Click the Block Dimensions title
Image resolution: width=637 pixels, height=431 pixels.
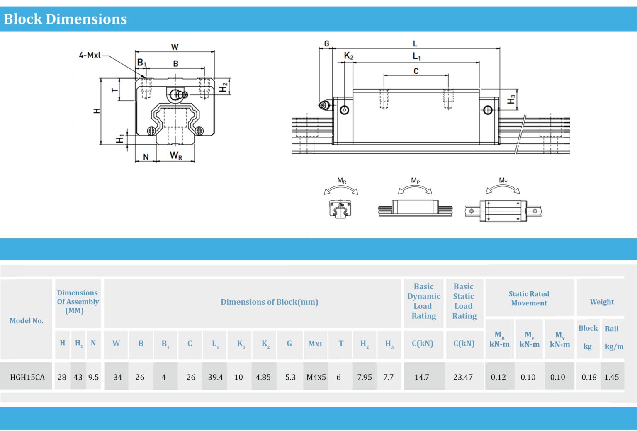coord(66,19)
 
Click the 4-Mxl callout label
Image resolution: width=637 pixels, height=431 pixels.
coord(90,55)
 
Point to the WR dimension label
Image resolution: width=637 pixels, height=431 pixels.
coord(176,156)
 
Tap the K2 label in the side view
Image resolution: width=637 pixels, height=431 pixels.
coord(348,56)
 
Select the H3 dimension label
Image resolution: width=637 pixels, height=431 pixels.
coord(512,99)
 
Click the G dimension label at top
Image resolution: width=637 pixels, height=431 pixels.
coord(327,44)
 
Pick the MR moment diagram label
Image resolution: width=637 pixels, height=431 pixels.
coord(342,181)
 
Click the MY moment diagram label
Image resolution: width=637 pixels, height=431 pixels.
coord(503,180)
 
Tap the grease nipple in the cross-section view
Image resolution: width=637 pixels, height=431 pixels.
coord(178,95)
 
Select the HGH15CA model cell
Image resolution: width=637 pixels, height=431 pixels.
coord(27,377)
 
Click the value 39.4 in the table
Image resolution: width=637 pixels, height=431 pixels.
coord(215,377)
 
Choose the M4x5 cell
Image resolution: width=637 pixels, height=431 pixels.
coord(316,377)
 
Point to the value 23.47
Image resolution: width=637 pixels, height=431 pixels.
coord(463,377)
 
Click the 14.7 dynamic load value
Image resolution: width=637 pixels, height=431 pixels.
coord(422,377)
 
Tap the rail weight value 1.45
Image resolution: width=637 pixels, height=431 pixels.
coord(611,377)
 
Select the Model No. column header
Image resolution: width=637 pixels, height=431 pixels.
coord(27,321)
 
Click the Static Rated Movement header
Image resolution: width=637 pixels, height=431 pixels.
coord(529,298)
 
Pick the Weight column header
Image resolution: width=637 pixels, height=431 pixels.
coord(602,302)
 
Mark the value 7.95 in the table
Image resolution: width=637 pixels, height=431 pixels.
coord(365,377)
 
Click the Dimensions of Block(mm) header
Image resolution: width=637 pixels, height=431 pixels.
coord(269,302)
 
